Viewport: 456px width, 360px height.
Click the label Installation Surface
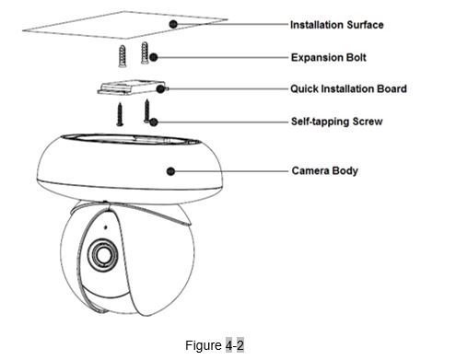tap(336, 25)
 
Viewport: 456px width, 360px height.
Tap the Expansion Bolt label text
tap(328, 57)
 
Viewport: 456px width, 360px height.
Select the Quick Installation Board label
tap(348, 88)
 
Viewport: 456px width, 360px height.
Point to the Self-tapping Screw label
tap(336, 122)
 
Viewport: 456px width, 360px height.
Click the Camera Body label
tap(324, 170)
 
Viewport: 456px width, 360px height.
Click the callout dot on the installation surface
tap(173, 24)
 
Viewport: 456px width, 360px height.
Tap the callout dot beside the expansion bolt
tap(154, 57)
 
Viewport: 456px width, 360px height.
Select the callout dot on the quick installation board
tap(160, 89)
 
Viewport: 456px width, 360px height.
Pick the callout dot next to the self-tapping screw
tap(154, 122)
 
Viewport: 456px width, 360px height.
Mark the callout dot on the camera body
tap(170, 171)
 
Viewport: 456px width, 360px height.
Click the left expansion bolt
tap(123, 56)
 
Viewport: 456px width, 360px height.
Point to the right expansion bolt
tap(145, 52)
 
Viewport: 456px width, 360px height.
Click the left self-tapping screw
tap(120, 114)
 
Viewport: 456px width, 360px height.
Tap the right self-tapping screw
tap(147, 110)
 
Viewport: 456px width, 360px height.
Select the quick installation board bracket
tap(132, 87)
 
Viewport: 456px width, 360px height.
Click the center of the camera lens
tap(102, 254)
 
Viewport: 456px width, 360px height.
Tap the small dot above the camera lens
tap(106, 227)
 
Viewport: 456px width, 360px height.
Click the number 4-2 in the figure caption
tap(235, 345)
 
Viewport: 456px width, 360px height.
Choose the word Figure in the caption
tap(204, 345)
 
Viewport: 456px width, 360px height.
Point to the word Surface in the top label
tap(365, 25)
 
